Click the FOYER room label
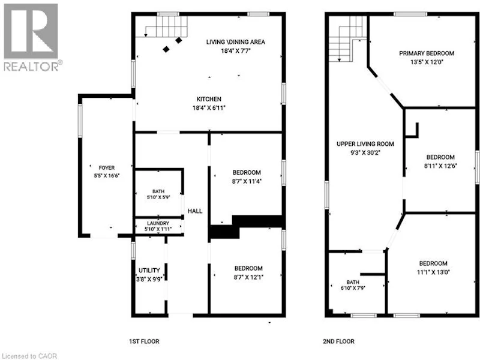coord(107,168)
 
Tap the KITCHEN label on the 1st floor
coord(209,99)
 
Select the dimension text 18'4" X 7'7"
coord(236,51)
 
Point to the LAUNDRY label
coord(158,223)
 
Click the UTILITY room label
coord(149,271)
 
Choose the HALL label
coord(195,211)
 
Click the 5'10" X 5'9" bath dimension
coord(158,197)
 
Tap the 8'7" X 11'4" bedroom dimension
coord(247,181)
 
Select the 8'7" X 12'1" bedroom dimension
coord(248,277)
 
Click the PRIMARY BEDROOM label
coord(427,53)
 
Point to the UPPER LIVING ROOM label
coord(365,144)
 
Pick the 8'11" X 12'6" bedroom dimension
coord(440,166)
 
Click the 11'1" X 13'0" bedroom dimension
coord(433,272)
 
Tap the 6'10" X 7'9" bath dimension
coord(353,288)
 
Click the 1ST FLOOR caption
coord(144,341)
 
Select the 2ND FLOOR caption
coord(338,341)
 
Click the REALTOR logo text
coord(31,67)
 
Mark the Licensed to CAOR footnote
coord(29,356)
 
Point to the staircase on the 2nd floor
coord(348,38)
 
